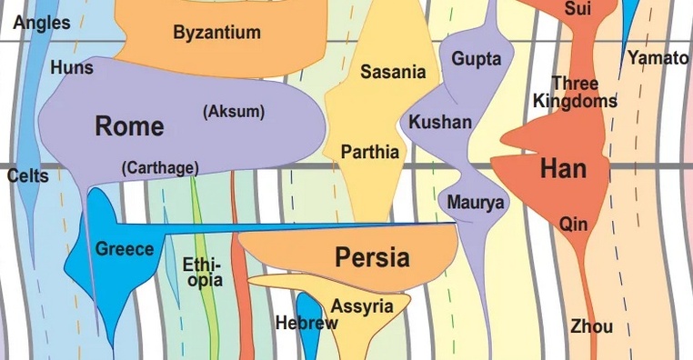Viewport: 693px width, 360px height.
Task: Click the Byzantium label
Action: coord(216,34)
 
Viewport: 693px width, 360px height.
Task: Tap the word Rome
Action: coord(129,126)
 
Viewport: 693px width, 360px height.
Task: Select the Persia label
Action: coord(372,257)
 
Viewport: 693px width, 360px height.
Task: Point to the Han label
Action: coord(563,169)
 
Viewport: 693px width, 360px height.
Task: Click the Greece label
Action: coord(125,249)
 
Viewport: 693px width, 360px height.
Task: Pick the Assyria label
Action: coord(362,306)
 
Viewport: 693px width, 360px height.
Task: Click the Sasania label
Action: coord(393,72)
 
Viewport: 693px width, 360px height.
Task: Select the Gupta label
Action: coord(477,59)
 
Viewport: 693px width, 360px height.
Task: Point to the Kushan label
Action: coord(440,122)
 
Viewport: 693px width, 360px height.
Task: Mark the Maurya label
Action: coord(475,203)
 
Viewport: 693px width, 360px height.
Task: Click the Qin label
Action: coord(574,224)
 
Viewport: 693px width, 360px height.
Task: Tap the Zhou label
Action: coord(591,326)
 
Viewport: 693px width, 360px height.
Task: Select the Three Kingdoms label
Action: coord(575,93)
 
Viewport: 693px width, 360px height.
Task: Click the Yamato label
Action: coord(658,58)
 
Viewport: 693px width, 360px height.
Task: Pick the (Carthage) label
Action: coord(160,167)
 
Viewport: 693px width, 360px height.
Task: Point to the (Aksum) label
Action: coord(234,112)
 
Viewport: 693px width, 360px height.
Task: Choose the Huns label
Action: coord(72,67)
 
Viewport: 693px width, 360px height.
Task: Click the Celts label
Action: coord(27,176)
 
